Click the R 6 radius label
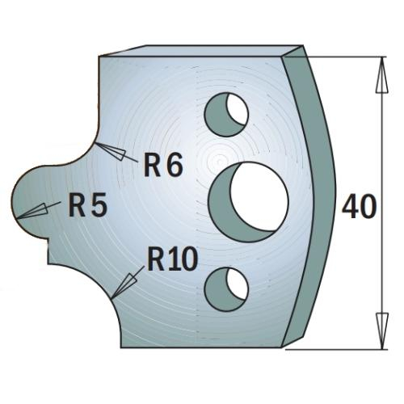(x=163, y=164)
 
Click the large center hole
(x=248, y=202)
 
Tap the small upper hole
(x=226, y=115)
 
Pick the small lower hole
(x=226, y=289)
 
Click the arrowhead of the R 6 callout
(x=111, y=151)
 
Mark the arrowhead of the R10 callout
(x=124, y=286)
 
